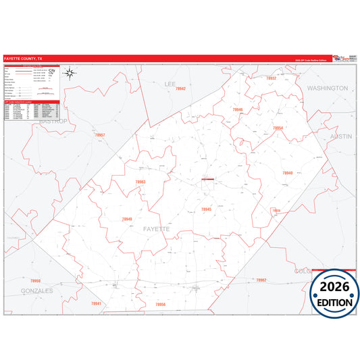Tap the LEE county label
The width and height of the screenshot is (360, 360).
170,84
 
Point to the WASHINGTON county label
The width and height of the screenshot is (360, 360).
327,88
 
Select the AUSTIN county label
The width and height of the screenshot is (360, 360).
341,136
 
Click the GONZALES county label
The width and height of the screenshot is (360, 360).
37,290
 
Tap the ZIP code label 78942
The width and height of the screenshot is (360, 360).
180,89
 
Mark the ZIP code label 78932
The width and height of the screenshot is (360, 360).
271,78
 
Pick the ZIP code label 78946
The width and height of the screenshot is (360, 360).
237,109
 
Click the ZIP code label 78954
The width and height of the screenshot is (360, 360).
278,128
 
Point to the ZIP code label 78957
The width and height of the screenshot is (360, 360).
99,135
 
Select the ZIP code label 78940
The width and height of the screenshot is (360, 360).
288,174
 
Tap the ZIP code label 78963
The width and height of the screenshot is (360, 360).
140,182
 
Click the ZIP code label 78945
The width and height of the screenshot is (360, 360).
206,209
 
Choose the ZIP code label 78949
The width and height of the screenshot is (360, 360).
127,219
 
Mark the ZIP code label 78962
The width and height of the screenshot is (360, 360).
261,280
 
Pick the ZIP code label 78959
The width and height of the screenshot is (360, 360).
35,280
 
